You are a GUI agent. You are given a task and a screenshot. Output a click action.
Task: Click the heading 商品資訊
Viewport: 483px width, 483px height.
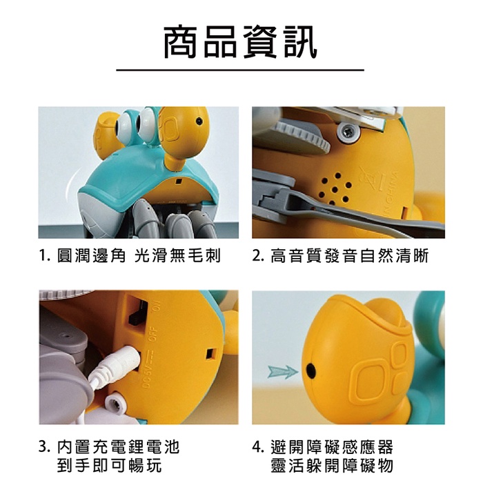(241, 42)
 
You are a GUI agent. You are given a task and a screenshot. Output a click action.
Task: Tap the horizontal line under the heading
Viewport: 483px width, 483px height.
(240, 70)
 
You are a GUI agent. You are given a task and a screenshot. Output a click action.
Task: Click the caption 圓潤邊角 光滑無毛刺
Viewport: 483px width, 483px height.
(139, 256)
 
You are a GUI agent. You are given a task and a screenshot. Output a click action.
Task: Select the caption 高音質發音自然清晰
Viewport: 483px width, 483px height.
(350, 256)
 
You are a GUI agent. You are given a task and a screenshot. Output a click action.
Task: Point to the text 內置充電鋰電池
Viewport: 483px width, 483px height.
(118, 447)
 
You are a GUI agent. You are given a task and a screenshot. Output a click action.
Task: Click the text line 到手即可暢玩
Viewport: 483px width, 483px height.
(109, 465)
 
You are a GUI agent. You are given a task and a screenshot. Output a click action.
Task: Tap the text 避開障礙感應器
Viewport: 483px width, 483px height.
(332, 447)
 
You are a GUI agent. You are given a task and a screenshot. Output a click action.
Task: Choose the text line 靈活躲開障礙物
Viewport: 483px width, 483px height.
(332, 465)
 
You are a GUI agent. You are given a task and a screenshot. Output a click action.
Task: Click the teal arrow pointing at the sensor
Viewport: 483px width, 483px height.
(283, 372)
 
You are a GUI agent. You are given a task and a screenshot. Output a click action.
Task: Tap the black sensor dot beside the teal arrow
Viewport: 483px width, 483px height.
(310, 371)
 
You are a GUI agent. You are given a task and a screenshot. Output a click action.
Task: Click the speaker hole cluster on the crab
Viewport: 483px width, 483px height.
(335, 189)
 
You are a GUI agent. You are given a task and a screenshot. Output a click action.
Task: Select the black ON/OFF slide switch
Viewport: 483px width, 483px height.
(137, 311)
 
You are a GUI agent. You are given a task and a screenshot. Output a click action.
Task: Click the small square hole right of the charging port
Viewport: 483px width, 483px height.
(211, 354)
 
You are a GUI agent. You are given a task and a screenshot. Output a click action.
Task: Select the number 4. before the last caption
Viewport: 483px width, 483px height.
(258, 447)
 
